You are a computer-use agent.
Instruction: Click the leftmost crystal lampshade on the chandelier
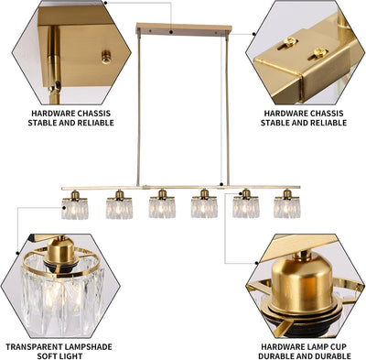tap(75, 209)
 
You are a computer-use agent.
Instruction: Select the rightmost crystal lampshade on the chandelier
tap(287, 208)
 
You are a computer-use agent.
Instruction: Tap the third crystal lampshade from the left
tap(162, 208)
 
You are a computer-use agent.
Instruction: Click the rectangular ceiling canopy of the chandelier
tap(184, 29)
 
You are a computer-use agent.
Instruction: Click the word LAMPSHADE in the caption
tap(87, 347)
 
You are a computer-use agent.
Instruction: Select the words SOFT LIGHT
tap(59, 356)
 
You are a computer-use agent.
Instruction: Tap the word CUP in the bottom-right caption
tap(339, 347)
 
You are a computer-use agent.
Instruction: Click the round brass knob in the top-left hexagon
tap(106, 57)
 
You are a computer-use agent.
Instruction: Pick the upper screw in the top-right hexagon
tap(289, 42)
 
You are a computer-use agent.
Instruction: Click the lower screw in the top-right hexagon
tap(320, 53)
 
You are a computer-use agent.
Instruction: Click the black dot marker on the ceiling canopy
tap(172, 32)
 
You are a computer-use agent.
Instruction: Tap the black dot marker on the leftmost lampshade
tap(64, 208)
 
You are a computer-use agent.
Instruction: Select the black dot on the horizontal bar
tap(221, 184)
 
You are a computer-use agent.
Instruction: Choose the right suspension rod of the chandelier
tap(227, 111)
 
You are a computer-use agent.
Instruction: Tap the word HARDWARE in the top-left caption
tap(52, 114)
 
